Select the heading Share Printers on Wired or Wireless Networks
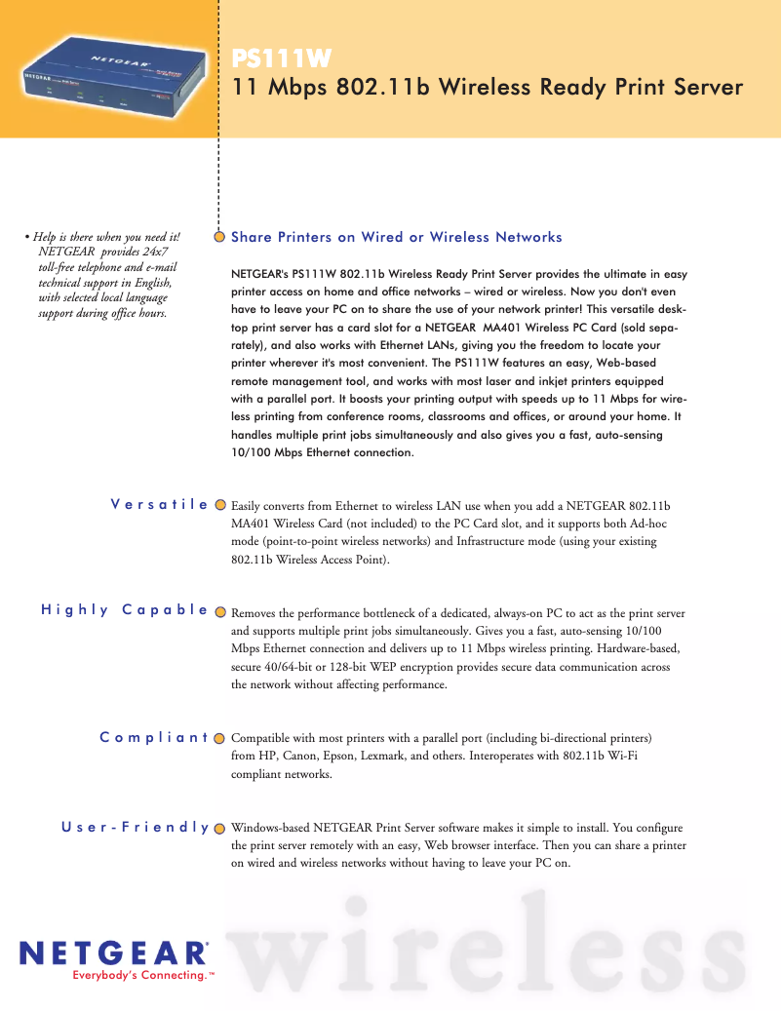pos(397,237)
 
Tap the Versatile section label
pos(160,504)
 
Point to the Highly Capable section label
pos(125,610)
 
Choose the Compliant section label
pos(154,737)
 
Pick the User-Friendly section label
pos(136,827)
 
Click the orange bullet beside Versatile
pos(220,505)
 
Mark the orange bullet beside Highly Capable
pos(220,611)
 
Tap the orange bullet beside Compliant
pos(220,738)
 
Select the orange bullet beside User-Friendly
pos(220,828)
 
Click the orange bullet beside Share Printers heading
pos(220,237)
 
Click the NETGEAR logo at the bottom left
pos(114,953)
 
